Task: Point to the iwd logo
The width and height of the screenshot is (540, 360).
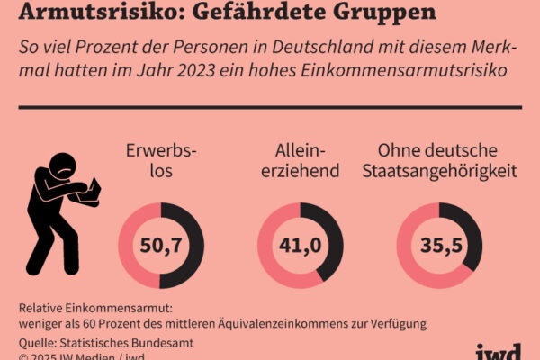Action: tap(498, 350)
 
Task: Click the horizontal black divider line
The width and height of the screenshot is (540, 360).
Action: tap(270, 107)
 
